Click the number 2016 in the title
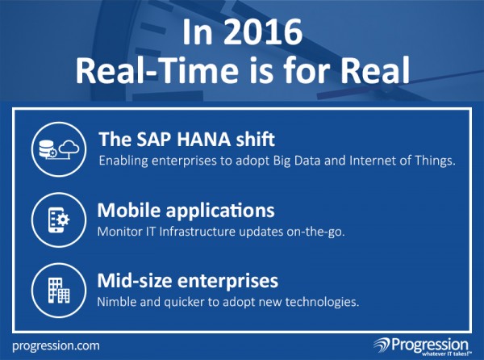click(x=263, y=32)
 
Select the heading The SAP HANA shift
click(x=187, y=139)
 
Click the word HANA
click(x=204, y=139)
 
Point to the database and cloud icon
click(x=59, y=149)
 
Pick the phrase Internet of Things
click(x=403, y=161)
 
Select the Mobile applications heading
click(x=186, y=211)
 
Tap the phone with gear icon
click(x=59, y=220)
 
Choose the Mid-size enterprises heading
click(x=188, y=281)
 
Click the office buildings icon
click(x=59, y=291)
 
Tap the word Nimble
click(x=117, y=302)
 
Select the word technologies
click(x=322, y=302)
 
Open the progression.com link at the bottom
click(x=56, y=345)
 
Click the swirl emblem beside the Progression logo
click(x=382, y=345)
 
